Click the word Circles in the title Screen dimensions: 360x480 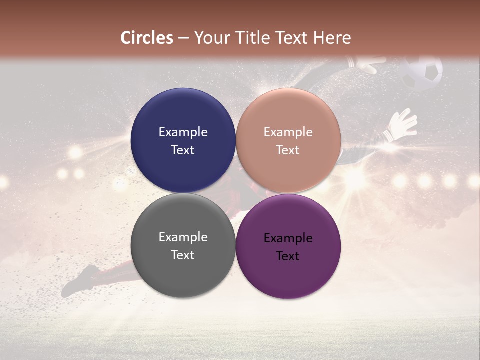147,38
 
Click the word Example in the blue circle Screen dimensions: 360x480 183,132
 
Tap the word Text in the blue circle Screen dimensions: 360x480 183,150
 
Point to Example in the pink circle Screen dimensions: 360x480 288,132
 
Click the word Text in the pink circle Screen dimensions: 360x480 288,150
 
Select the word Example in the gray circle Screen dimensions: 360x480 183,237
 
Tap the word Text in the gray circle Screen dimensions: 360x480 183,255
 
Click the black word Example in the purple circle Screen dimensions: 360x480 288,238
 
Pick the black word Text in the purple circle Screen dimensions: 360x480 288,256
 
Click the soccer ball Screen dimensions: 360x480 423,72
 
